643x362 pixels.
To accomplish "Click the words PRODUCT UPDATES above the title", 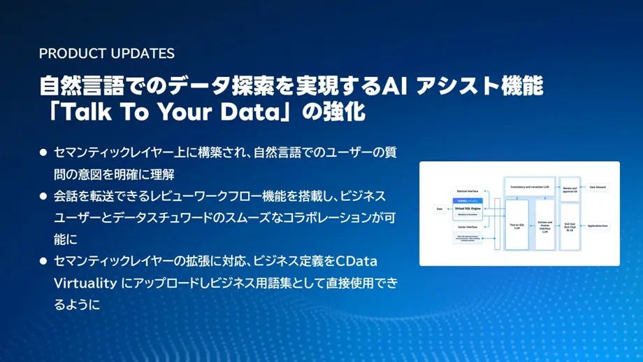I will [x=107, y=54].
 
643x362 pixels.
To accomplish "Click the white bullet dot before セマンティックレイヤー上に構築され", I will [x=43, y=152].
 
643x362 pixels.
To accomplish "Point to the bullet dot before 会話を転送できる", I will [x=43, y=195].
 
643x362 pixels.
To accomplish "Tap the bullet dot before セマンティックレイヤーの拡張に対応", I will [x=43, y=261].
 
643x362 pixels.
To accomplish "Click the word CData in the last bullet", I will [x=356, y=261].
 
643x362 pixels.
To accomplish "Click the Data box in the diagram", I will [x=439, y=208].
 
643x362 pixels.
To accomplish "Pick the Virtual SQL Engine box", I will [x=467, y=208].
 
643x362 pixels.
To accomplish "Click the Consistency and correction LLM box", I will [x=529, y=187].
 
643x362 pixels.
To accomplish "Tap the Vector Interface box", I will [x=467, y=227].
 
